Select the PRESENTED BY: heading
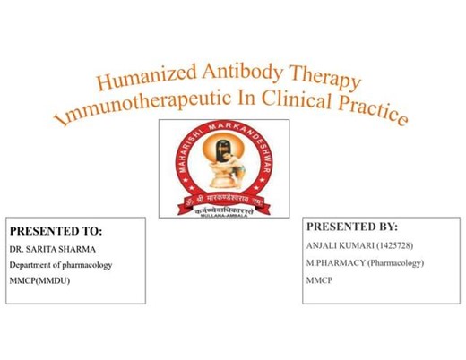[352, 227]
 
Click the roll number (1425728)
[401, 245]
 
